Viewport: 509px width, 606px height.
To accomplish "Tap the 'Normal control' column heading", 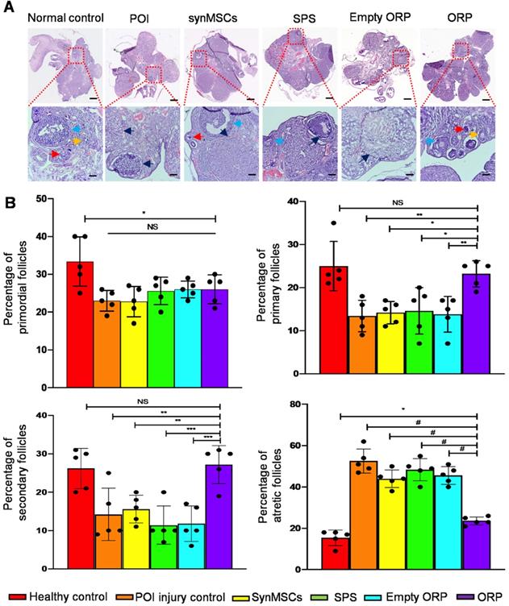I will pos(64,19).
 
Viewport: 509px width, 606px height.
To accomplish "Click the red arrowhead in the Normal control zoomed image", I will pos(53,152).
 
